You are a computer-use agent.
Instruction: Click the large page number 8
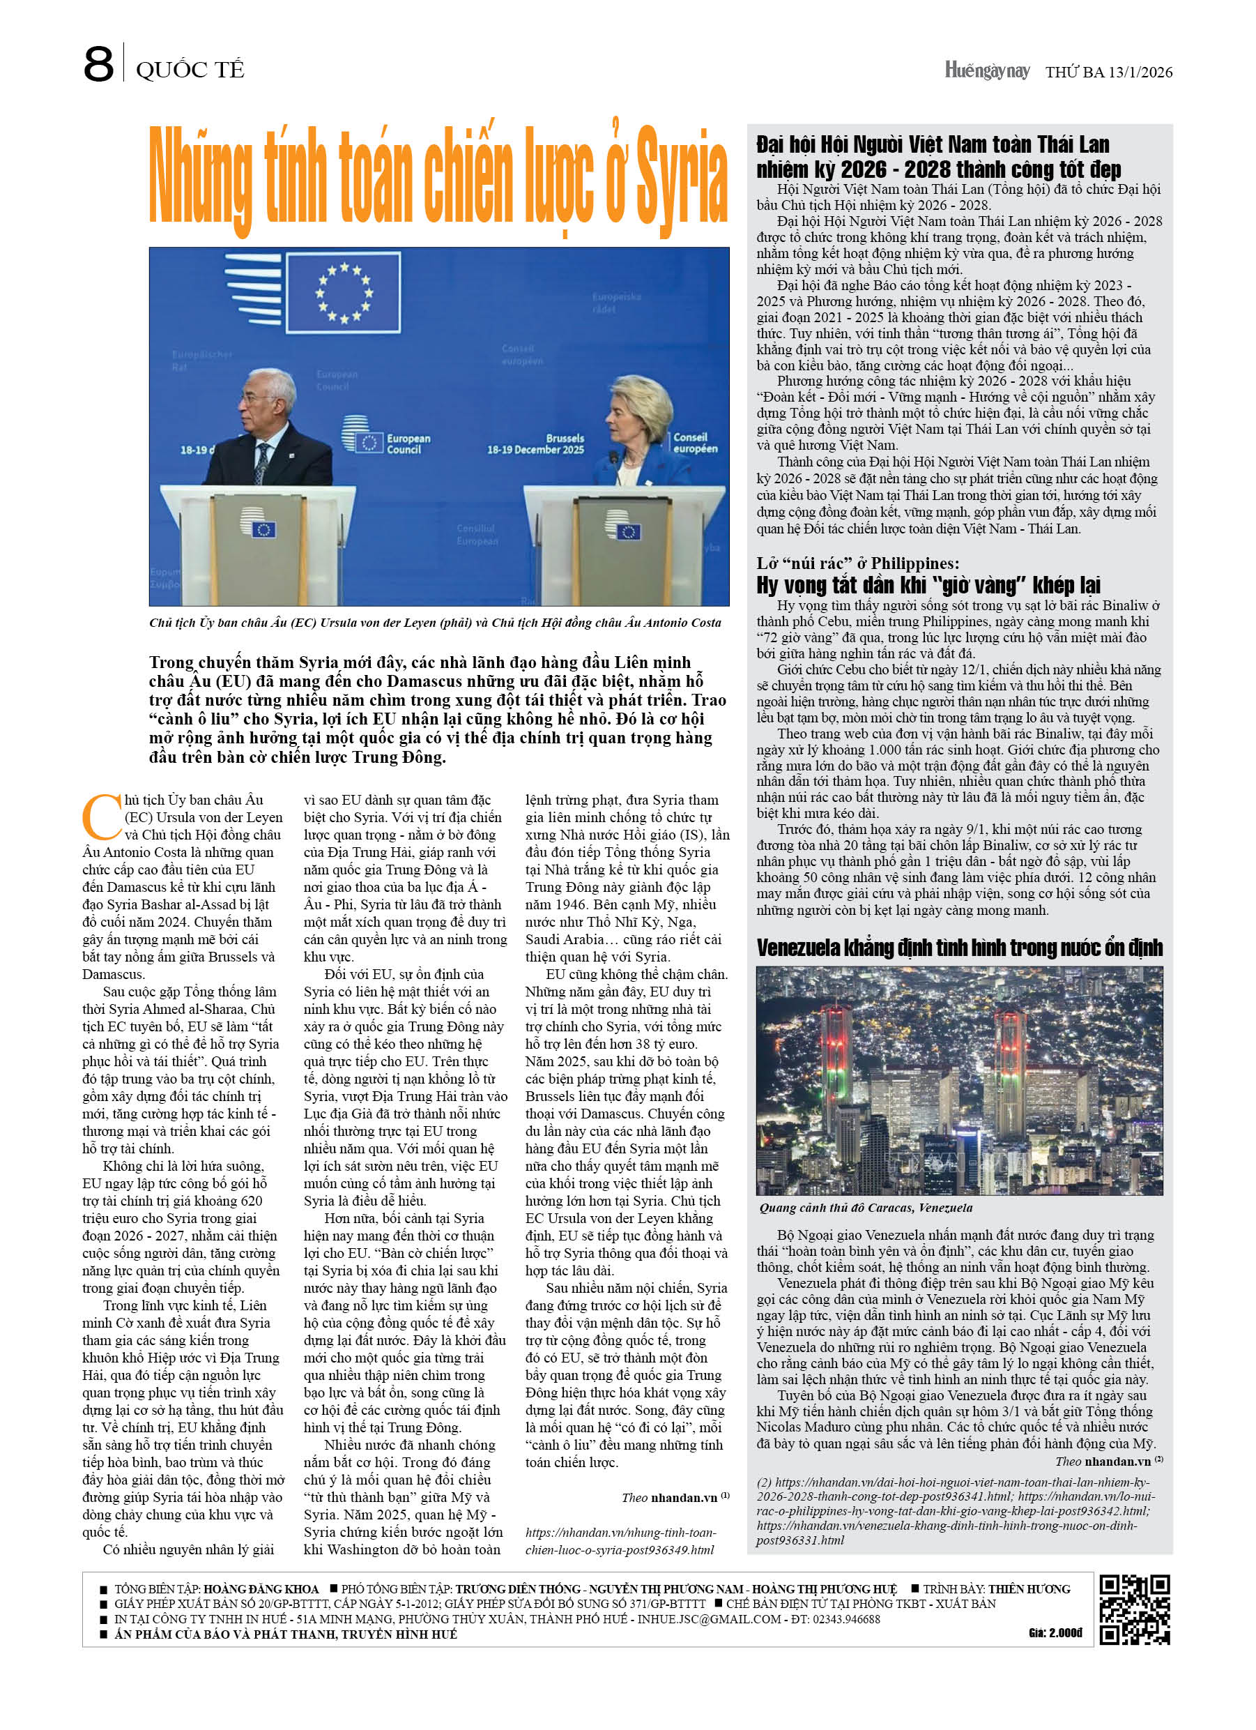(98, 64)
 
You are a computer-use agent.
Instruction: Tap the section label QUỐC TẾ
(190, 70)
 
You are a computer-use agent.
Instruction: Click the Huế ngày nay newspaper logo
(987, 71)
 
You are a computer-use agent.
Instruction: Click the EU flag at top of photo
(345, 292)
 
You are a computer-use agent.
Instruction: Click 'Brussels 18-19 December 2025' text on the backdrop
(535, 444)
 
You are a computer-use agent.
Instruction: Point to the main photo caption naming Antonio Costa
(435, 623)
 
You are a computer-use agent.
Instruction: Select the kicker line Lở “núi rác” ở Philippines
(857, 563)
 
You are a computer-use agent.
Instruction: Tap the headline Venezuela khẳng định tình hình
(958, 948)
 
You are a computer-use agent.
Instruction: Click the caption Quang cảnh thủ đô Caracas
(866, 1208)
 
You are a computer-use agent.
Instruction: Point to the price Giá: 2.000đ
(1055, 1633)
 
